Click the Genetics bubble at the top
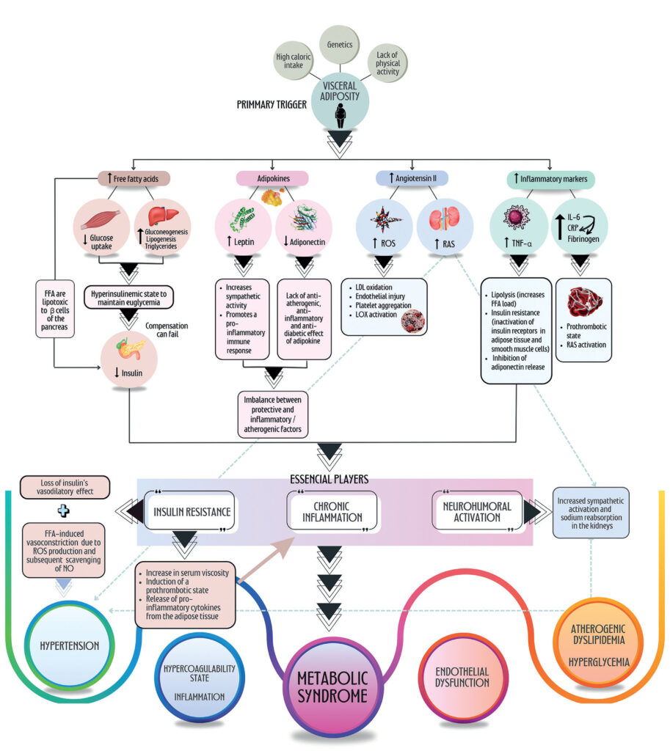[x=339, y=45]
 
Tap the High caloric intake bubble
[x=294, y=61]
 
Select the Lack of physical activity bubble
[x=387, y=63]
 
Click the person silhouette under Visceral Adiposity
[x=340, y=116]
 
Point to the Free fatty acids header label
[x=134, y=179]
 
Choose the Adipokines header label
[x=273, y=179]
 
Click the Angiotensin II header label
[x=412, y=178]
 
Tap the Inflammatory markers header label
[x=550, y=179]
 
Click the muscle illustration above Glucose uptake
[x=101, y=220]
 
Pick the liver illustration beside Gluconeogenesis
[x=163, y=216]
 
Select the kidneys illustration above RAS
[x=444, y=219]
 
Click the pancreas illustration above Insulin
[x=129, y=348]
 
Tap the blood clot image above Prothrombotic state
[x=584, y=301]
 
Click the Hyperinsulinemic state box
[x=129, y=298]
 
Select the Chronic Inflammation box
[x=332, y=511]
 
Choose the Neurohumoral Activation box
[x=477, y=511]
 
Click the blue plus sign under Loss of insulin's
[x=63, y=511]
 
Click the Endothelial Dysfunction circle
[x=462, y=677]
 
